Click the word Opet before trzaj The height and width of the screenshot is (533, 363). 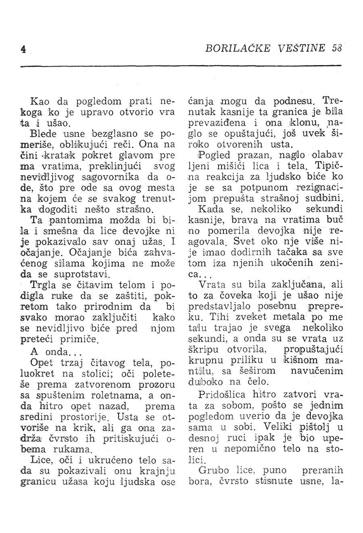(x=41, y=363)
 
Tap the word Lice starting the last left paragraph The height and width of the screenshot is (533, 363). (x=40, y=461)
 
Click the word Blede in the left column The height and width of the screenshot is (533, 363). (x=42, y=132)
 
